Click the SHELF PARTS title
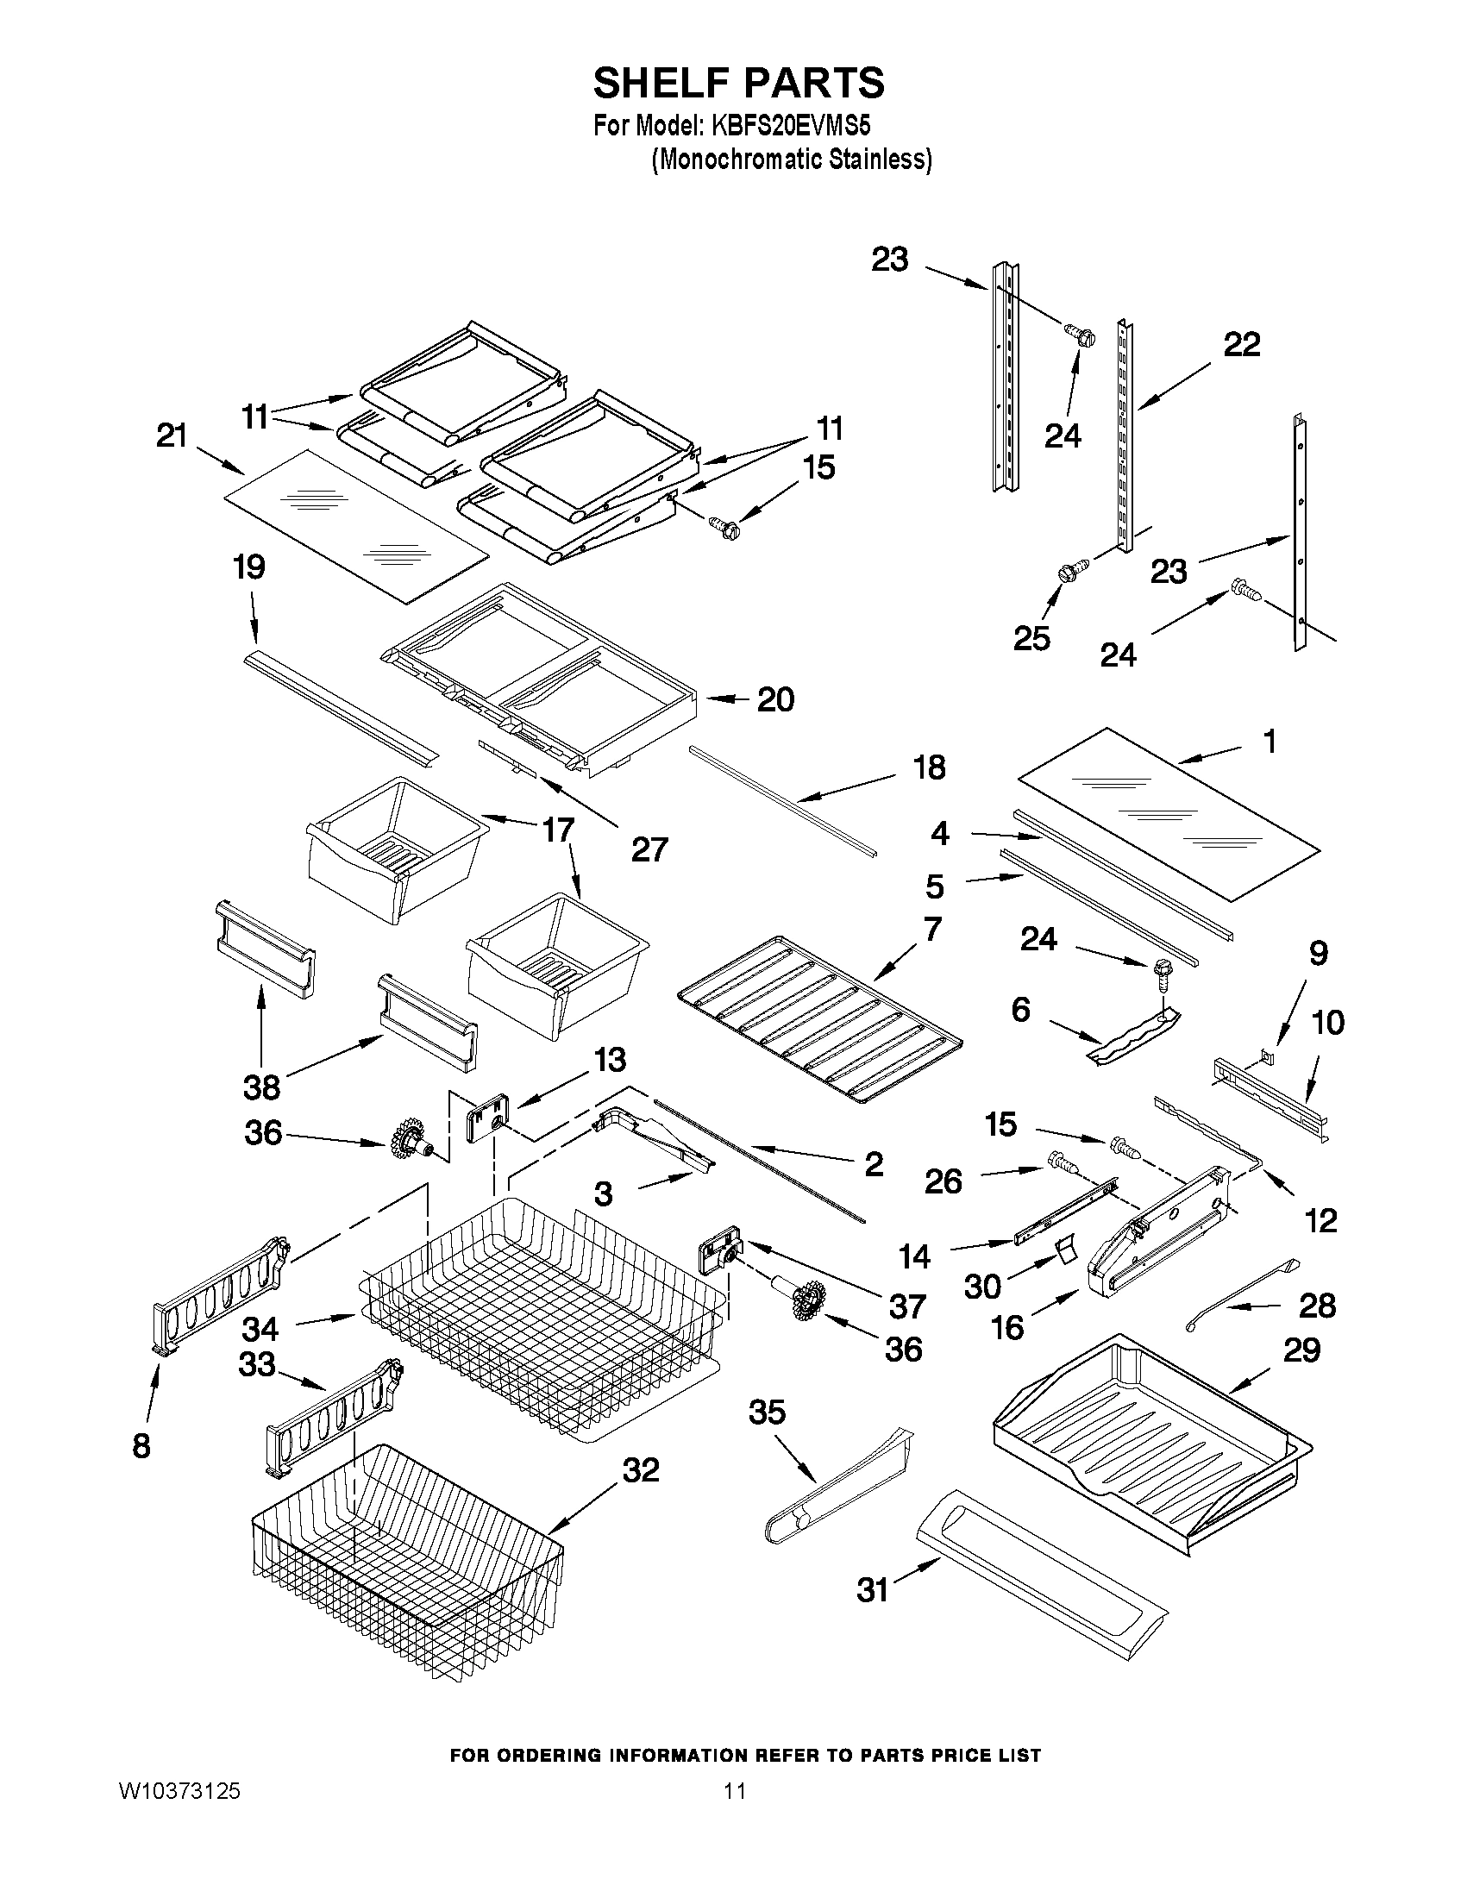click(739, 84)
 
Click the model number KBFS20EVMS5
click(791, 126)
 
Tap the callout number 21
click(172, 435)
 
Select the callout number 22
click(1242, 345)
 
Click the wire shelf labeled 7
click(817, 1017)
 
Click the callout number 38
click(261, 1087)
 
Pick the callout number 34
click(260, 1329)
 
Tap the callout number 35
click(768, 1413)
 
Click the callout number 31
click(873, 1590)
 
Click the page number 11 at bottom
click(735, 1808)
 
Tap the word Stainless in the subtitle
click(878, 160)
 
